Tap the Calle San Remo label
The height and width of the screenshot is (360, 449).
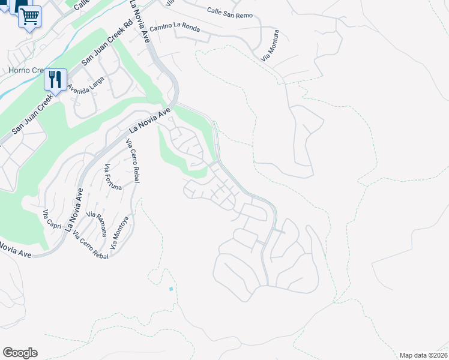pos(230,13)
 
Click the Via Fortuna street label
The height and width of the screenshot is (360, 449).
pos(113,177)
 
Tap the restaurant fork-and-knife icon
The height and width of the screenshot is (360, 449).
pos(55,79)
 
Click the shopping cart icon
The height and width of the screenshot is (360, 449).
pos(29,16)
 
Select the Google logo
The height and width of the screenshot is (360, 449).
pos(20,353)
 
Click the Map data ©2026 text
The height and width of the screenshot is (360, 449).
pos(423,355)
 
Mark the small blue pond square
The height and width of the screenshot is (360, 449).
pos(171,289)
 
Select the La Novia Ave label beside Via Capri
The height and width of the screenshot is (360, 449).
pos(74,209)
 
